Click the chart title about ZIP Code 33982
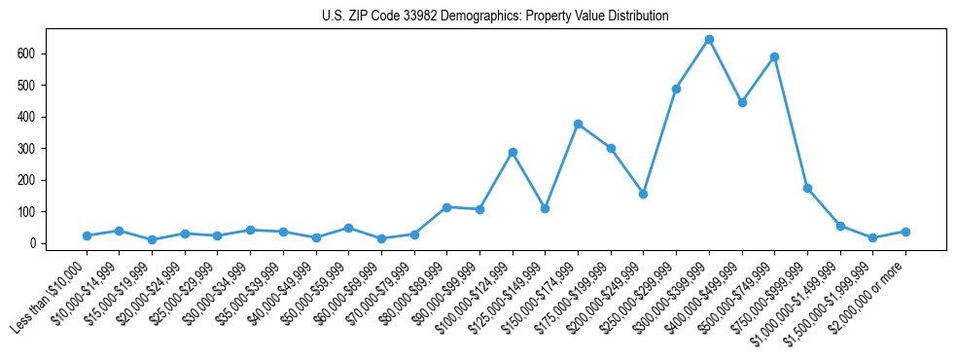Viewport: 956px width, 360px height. (x=495, y=17)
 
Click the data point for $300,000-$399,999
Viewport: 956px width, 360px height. (x=709, y=39)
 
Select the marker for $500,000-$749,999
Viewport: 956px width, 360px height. (x=774, y=56)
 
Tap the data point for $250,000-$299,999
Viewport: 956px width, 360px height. (x=676, y=89)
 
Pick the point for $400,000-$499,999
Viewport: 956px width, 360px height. (x=742, y=102)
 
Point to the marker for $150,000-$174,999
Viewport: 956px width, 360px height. (x=578, y=124)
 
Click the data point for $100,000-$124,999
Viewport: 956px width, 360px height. (x=513, y=152)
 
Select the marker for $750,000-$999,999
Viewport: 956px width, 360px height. (x=807, y=188)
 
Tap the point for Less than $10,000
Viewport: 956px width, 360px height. (x=87, y=235)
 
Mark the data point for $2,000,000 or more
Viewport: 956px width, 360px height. (x=905, y=232)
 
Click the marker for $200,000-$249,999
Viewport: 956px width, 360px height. (x=643, y=194)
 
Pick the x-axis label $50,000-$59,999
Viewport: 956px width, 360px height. (x=310, y=294)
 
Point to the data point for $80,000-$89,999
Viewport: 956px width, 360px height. (x=446, y=207)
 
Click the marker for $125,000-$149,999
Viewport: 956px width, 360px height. (x=545, y=208)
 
